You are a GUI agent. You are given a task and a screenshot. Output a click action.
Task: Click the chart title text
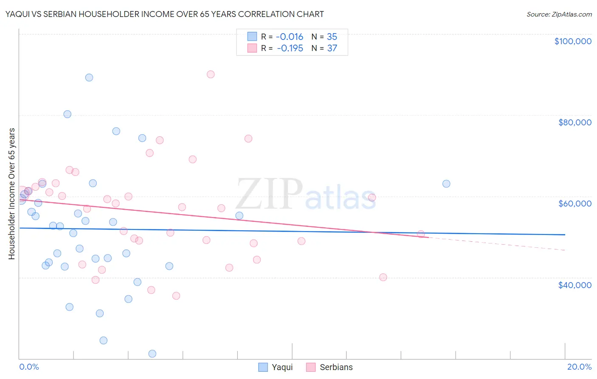click(164, 14)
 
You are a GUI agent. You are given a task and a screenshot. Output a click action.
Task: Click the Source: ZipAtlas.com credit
click(559, 14)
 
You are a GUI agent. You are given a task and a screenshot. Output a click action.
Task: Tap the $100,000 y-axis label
click(573, 41)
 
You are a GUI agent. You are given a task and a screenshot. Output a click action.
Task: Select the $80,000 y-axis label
click(574, 122)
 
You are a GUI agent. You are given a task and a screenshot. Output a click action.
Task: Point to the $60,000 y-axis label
click(574, 204)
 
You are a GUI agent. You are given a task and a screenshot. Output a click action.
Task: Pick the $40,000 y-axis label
click(574, 285)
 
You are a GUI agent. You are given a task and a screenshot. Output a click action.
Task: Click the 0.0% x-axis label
click(29, 367)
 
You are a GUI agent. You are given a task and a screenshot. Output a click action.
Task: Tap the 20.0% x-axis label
click(579, 367)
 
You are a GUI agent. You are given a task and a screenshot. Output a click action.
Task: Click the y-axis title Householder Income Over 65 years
click(11, 194)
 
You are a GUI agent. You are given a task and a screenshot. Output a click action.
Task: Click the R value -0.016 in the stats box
click(289, 37)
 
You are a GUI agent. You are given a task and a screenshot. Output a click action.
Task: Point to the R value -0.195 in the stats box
click(290, 48)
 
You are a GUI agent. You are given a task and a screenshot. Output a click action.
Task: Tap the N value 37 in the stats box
click(332, 48)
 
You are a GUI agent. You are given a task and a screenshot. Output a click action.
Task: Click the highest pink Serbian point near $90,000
click(211, 74)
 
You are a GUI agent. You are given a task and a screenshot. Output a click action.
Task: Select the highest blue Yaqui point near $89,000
click(89, 77)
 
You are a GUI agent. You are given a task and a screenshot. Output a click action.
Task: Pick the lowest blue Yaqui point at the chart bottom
click(152, 354)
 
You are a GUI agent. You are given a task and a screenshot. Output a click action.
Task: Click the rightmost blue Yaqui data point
click(446, 184)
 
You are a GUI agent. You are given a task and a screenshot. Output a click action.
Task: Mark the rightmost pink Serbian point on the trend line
click(421, 234)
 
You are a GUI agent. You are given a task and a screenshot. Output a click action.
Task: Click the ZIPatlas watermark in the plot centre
click(306, 194)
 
